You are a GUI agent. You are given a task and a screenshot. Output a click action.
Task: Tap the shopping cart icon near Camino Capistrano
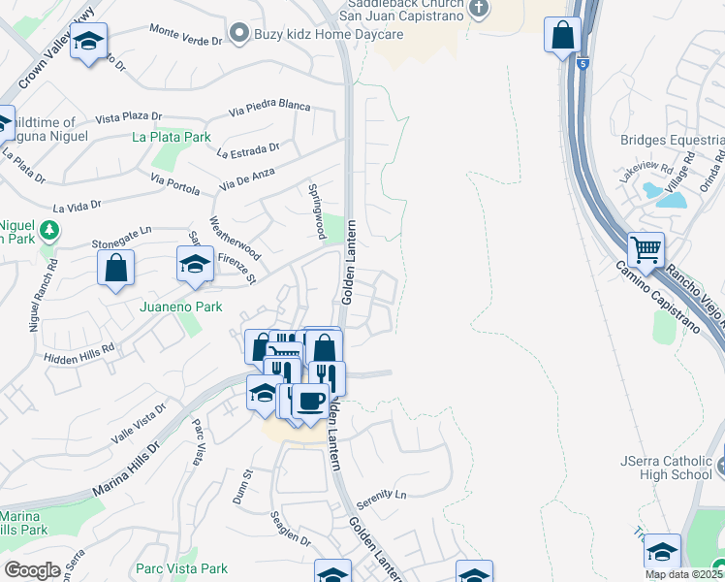tap(646, 251)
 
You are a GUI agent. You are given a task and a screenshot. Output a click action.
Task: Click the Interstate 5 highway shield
tap(581, 63)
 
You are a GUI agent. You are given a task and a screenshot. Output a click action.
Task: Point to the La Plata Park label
tap(172, 137)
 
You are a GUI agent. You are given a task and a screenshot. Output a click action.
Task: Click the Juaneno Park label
tap(181, 307)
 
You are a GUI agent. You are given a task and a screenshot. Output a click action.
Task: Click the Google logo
tap(32, 570)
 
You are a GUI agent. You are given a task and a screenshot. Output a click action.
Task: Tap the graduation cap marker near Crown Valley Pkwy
tap(89, 44)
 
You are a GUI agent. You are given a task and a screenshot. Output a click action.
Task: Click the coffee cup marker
tap(310, 400)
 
